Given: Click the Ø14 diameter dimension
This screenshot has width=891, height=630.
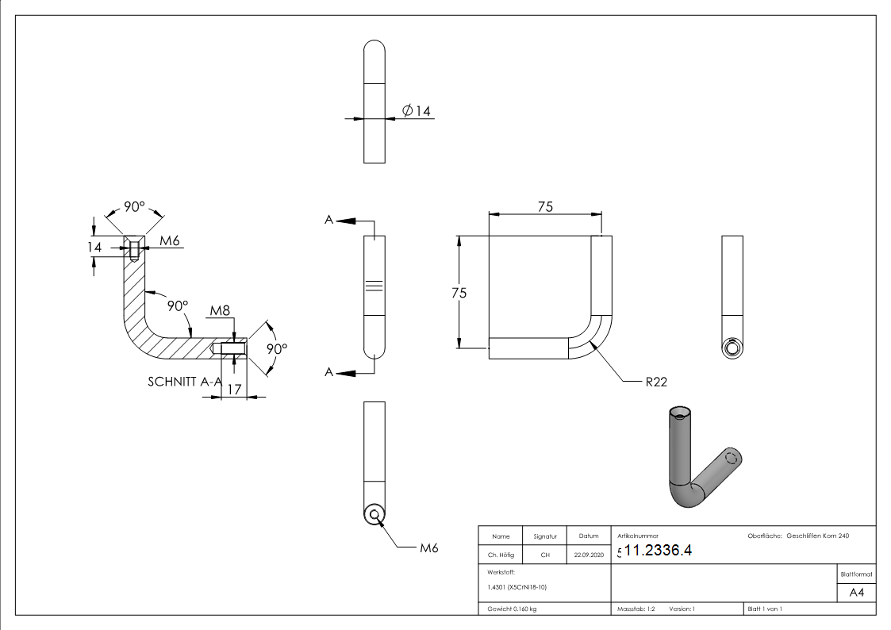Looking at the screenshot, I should click(x=417, y=111).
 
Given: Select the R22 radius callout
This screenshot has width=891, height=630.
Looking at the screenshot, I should click(x=656, y=382).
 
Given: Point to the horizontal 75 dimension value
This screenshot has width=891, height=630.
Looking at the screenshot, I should click(x=545, y=207).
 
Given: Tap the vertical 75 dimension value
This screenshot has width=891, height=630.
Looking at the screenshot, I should click(x=459, y=292).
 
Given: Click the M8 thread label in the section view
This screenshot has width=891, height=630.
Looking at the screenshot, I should click(x=220, y=309).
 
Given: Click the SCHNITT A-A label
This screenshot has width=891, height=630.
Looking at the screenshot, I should click(x=184, y=382).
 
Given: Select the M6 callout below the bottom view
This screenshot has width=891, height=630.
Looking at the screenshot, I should click(x=429, y=548).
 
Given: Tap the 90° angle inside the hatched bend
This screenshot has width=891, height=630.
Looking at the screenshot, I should click(x=178, y=305).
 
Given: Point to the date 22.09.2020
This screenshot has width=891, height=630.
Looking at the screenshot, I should click(x=589, y=555).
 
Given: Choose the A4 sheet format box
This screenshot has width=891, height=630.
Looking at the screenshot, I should click(x=857, y=593).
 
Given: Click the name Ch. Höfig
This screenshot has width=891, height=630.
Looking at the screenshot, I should click(x=501, y=555).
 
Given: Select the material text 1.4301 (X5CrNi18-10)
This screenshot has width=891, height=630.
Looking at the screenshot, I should click(x=517, y=587).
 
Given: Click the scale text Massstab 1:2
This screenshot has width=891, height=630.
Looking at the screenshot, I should click(x=636, y=609).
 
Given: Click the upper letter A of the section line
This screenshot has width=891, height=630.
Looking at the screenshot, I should click(x=328, y=220).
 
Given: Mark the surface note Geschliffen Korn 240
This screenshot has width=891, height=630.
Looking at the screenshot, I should click(x=818, y=536).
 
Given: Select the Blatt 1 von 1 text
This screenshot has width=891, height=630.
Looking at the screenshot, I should click(x=765, y=609).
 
